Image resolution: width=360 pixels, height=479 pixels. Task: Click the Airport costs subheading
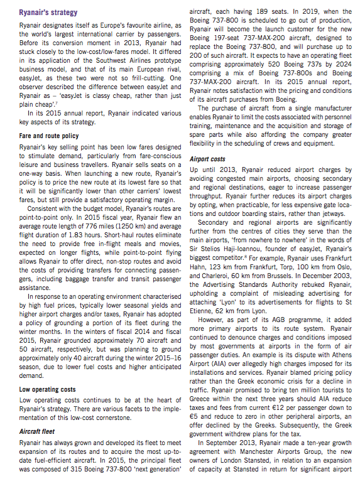point(208,159)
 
